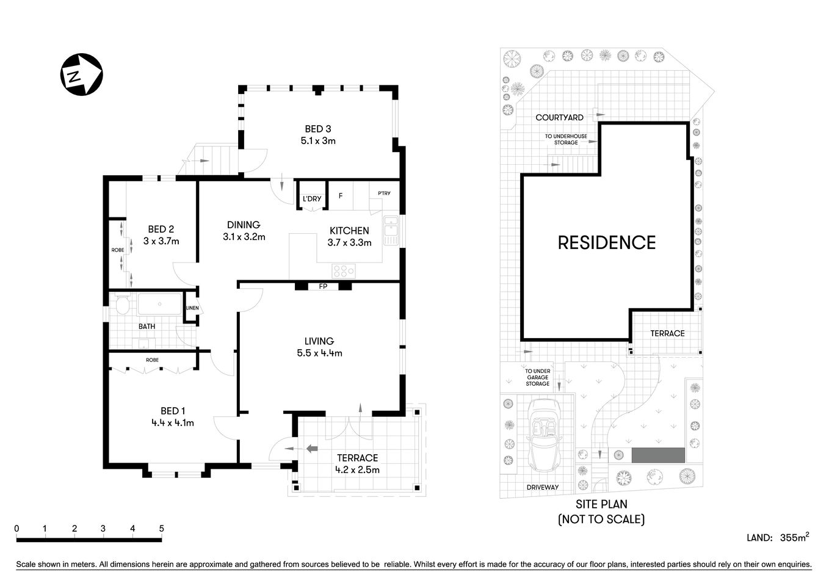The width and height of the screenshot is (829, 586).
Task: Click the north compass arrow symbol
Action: click(81, 74)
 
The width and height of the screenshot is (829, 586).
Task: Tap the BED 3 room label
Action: click(318, 129)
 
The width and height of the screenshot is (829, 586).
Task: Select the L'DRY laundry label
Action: click(312, 199)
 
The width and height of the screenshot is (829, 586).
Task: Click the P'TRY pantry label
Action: click(384, 194)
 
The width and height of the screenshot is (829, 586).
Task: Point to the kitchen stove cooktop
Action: click(344, 270)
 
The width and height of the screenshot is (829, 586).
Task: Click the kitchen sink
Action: click(391, 230)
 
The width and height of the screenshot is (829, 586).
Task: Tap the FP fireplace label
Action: click(323, 286)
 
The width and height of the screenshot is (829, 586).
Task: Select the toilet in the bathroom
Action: click(123, 305)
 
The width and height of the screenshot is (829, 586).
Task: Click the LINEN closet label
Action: click(192, 308)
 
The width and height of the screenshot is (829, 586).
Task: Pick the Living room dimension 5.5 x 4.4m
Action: click(319, 353)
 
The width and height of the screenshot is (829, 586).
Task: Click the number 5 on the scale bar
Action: click(161, 529)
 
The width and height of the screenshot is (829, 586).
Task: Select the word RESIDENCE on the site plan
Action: click(607, 242)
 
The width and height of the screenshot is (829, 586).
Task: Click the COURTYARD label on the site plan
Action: click(559, 117)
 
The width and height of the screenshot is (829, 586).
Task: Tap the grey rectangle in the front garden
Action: click(658, 455)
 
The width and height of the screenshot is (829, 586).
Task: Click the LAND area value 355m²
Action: click(794, 538)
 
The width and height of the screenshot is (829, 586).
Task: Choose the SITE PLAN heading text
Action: click(601, 504)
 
